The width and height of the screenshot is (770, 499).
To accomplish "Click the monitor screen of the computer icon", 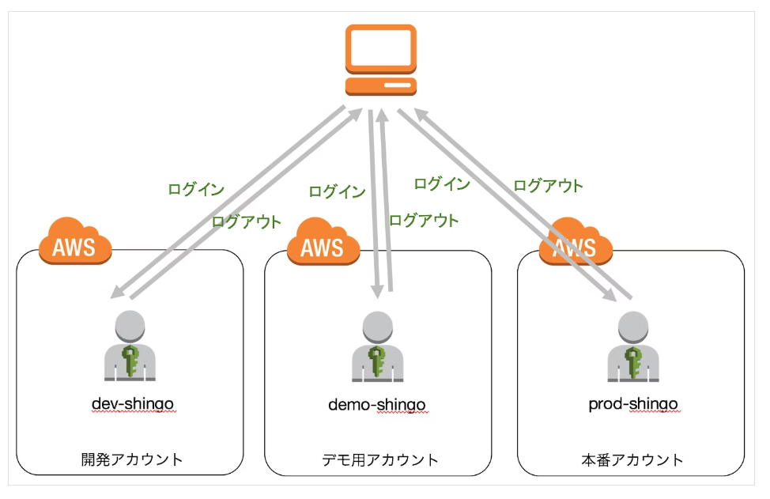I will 380,48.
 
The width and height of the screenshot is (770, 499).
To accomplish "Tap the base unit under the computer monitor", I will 380,85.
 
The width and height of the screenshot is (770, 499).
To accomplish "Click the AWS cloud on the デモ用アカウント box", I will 323,244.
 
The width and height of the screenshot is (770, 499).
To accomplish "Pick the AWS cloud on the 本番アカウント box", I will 576,244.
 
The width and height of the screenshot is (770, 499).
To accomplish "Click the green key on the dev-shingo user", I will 130,357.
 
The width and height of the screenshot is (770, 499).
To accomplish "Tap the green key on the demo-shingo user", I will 377,357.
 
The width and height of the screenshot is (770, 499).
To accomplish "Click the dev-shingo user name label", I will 132,404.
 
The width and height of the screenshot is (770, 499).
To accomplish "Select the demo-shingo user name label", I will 377,405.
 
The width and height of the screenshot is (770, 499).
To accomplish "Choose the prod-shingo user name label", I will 633,404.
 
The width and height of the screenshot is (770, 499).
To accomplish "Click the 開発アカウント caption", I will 132,459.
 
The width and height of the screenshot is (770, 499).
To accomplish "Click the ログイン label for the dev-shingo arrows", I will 196,190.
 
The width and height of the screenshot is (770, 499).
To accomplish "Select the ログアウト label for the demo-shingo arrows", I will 424,221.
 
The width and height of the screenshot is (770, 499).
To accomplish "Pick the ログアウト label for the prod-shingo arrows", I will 548,186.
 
